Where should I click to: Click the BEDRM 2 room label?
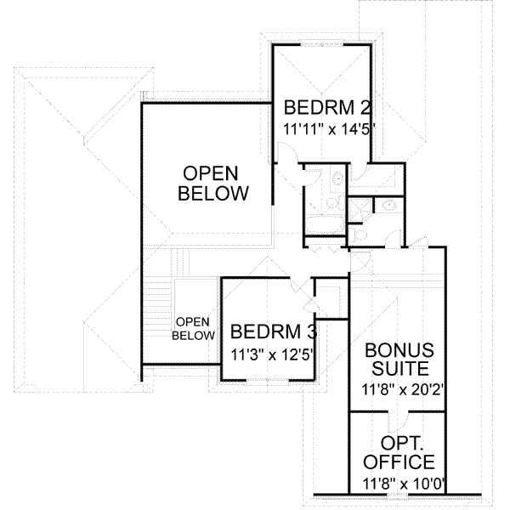pos(328,108)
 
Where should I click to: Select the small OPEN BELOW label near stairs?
pos(193,329)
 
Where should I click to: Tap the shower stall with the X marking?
pos(361,208)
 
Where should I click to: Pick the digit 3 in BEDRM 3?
pos(297,331)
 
